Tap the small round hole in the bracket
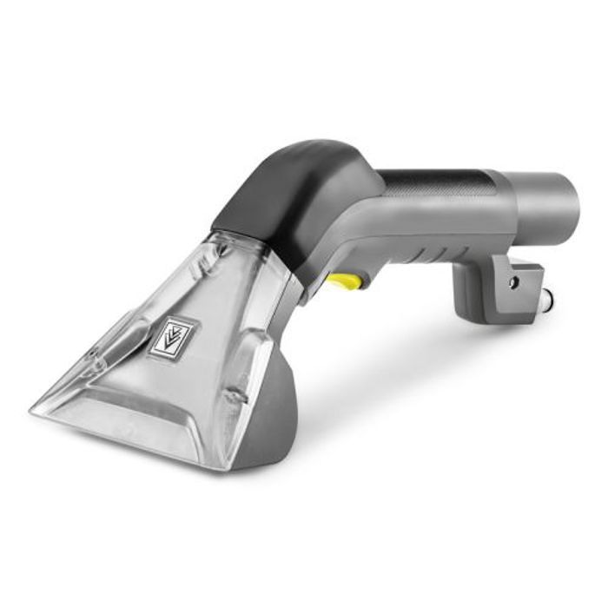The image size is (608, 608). pyautogui.click(x=512, y=282)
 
